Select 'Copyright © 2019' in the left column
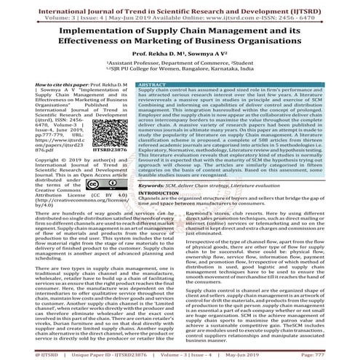tap(31, 158)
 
